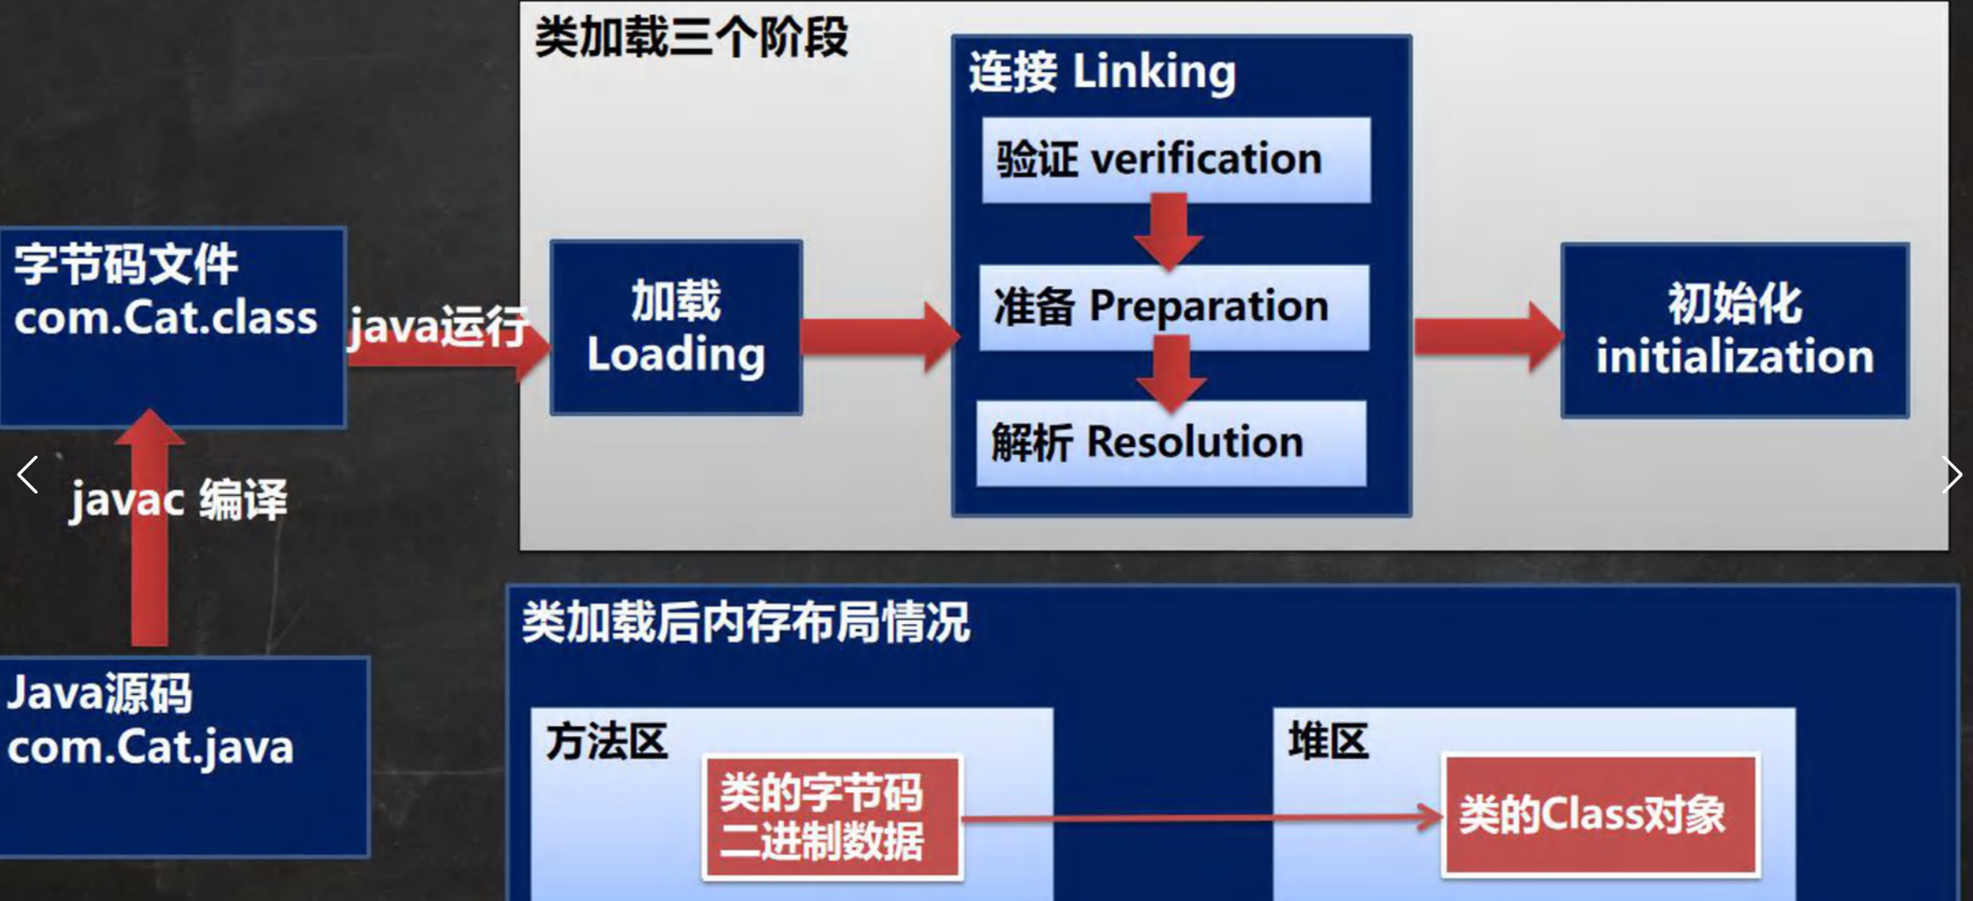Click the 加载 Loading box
(x=675, y=327)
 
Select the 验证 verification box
(x=1176, y=160)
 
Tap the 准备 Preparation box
(x=1173, y=307)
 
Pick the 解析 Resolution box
(x=1170, y=443)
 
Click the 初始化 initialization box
(x=1735, y=330)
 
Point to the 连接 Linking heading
(x=1102, y=72)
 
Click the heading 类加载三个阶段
(x=691, y=39)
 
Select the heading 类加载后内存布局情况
(x=746, y=623)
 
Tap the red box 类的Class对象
(x=1600, y=815)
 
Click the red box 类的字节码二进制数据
(x=831, y=818)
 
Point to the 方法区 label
(x=606, y=742)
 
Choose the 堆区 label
(x=1327, y=741)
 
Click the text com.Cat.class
(x=166, y=317)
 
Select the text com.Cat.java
(x=150, y=748)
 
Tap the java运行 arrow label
(x=438, y=327)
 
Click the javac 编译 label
(x=179, y=500)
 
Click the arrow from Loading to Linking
(x=880, y=337)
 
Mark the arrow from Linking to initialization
(x=1488, y=337)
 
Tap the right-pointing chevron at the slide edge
(x=1951, y=475)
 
